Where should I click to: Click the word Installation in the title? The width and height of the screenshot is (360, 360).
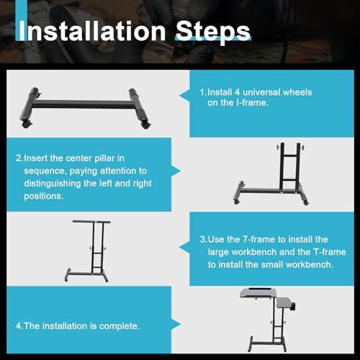[x=92, y=31]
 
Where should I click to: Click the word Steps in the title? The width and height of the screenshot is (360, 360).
[x=213, y=32]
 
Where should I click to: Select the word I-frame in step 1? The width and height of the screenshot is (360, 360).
[x=252, y=103]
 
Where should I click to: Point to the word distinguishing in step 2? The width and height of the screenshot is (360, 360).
[x=53, y=184]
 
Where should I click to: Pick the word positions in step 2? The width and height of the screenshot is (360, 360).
[x=44, y=197]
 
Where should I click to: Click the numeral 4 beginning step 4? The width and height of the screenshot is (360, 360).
[x=19, y=326]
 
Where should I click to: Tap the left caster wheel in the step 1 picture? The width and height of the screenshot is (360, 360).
[x=27, y=124]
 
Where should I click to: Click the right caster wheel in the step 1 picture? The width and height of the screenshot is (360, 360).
[x=146, y=125]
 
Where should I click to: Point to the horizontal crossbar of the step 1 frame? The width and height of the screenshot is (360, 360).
[x=83, y=104]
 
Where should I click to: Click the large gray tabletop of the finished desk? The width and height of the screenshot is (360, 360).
[x=258, y=293]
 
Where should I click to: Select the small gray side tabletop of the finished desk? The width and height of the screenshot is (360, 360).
[x=285, y=303]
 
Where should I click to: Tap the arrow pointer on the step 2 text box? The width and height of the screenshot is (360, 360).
[x=176, y=171]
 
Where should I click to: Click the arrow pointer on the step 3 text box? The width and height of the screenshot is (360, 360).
[x=184, y=248]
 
